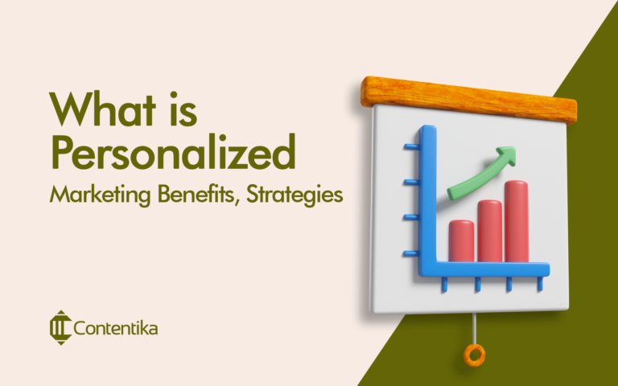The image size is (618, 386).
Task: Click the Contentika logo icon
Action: point(60,328)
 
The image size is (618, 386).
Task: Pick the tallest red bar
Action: point(517,220)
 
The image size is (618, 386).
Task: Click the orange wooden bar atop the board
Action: point(469,98)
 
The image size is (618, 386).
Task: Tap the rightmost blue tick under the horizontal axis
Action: point(539,284)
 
